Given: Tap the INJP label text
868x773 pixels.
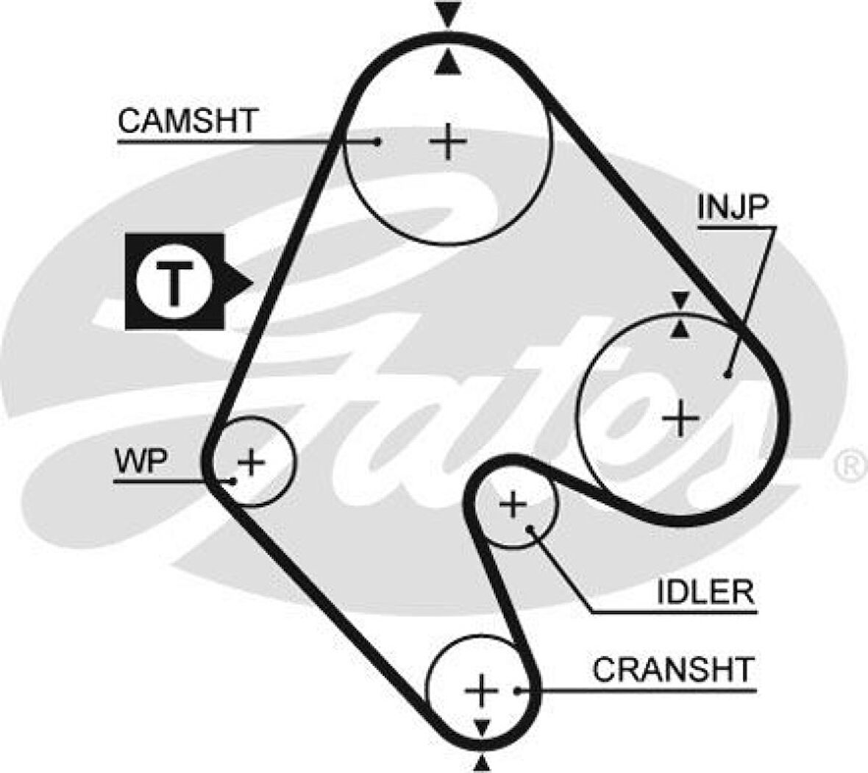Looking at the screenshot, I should [732, 209].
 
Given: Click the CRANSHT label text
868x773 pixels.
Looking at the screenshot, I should [673, 669].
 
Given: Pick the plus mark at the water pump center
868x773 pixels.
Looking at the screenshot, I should [251, 462].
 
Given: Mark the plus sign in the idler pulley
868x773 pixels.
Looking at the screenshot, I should [513, 505].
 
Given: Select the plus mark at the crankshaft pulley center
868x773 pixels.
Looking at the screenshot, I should [482, 690].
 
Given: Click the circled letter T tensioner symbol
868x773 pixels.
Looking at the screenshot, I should [174, 281].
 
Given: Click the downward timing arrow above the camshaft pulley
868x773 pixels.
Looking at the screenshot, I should [447, 13].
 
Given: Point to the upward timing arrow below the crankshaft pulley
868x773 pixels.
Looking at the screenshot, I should [482, 763].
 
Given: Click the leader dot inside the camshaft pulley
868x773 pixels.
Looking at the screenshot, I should [377, 141].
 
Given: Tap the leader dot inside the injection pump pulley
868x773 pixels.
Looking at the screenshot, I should [727, 374].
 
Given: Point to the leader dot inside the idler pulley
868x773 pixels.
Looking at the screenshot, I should [531, 527].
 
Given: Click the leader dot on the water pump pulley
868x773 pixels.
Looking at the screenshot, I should [232, 480].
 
